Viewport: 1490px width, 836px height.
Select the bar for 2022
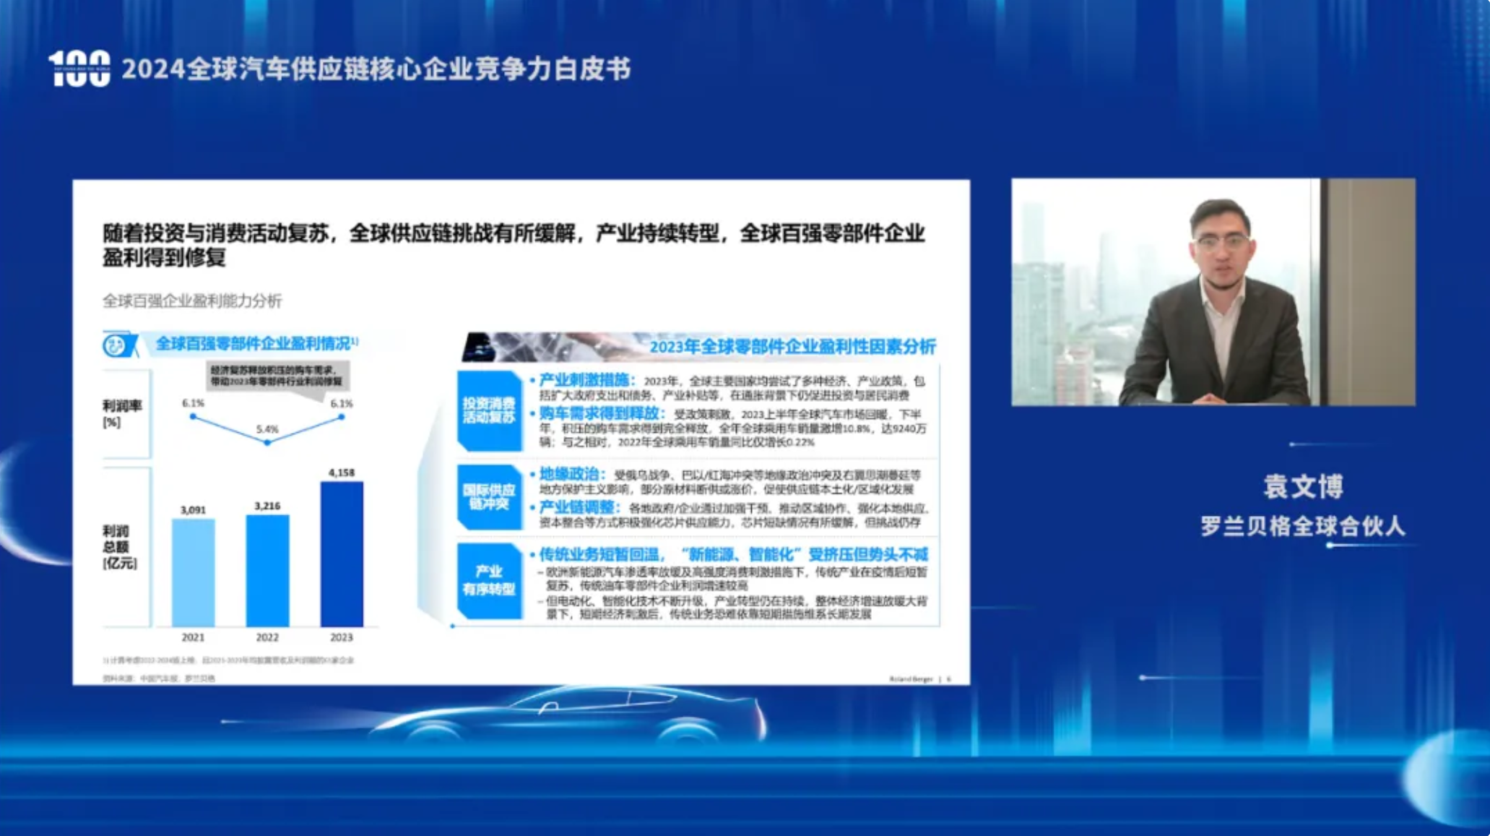tap(267, 570)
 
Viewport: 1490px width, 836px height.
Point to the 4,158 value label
tap(342, 473)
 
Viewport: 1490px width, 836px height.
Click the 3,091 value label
tap(193, 510)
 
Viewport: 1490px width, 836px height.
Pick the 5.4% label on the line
tap(267, 429)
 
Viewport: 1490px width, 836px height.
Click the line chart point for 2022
tap(267, 442)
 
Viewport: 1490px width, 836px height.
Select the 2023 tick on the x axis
tap(342, 637)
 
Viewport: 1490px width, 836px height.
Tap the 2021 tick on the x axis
tap(193, 637)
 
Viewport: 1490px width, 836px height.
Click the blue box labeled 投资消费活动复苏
tap(489, 410)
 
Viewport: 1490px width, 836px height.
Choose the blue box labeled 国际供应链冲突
tap(489, 497)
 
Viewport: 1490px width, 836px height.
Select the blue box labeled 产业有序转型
tap(489, 580)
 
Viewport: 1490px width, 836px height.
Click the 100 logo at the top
tap(79, 69)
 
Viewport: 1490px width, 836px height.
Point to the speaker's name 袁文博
tap(1303, 486)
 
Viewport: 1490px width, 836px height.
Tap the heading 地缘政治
tap(569, 474)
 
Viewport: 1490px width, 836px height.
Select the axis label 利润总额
tap(119, 547)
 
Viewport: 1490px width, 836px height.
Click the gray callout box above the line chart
tap(277, 376)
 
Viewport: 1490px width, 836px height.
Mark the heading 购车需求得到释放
tap(600, 413)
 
